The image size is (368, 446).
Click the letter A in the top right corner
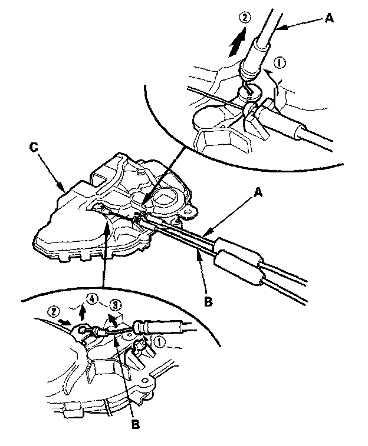[329, 18]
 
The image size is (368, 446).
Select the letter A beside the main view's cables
[257, 194]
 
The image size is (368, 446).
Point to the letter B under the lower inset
[136, 425]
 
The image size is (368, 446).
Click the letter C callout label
[34, 147]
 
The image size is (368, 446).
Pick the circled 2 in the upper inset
[245, 17]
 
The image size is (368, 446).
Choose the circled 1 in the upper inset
[280, 63]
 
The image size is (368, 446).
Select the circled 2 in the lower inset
[53, 311]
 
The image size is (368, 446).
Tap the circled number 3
[115, 306]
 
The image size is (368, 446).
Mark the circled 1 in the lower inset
[159, 342]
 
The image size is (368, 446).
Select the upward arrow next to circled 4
[83, 312]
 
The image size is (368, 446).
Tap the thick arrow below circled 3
[113, 320]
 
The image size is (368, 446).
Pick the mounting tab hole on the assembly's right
[188, 212]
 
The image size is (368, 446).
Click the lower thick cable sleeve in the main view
[238, 267]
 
